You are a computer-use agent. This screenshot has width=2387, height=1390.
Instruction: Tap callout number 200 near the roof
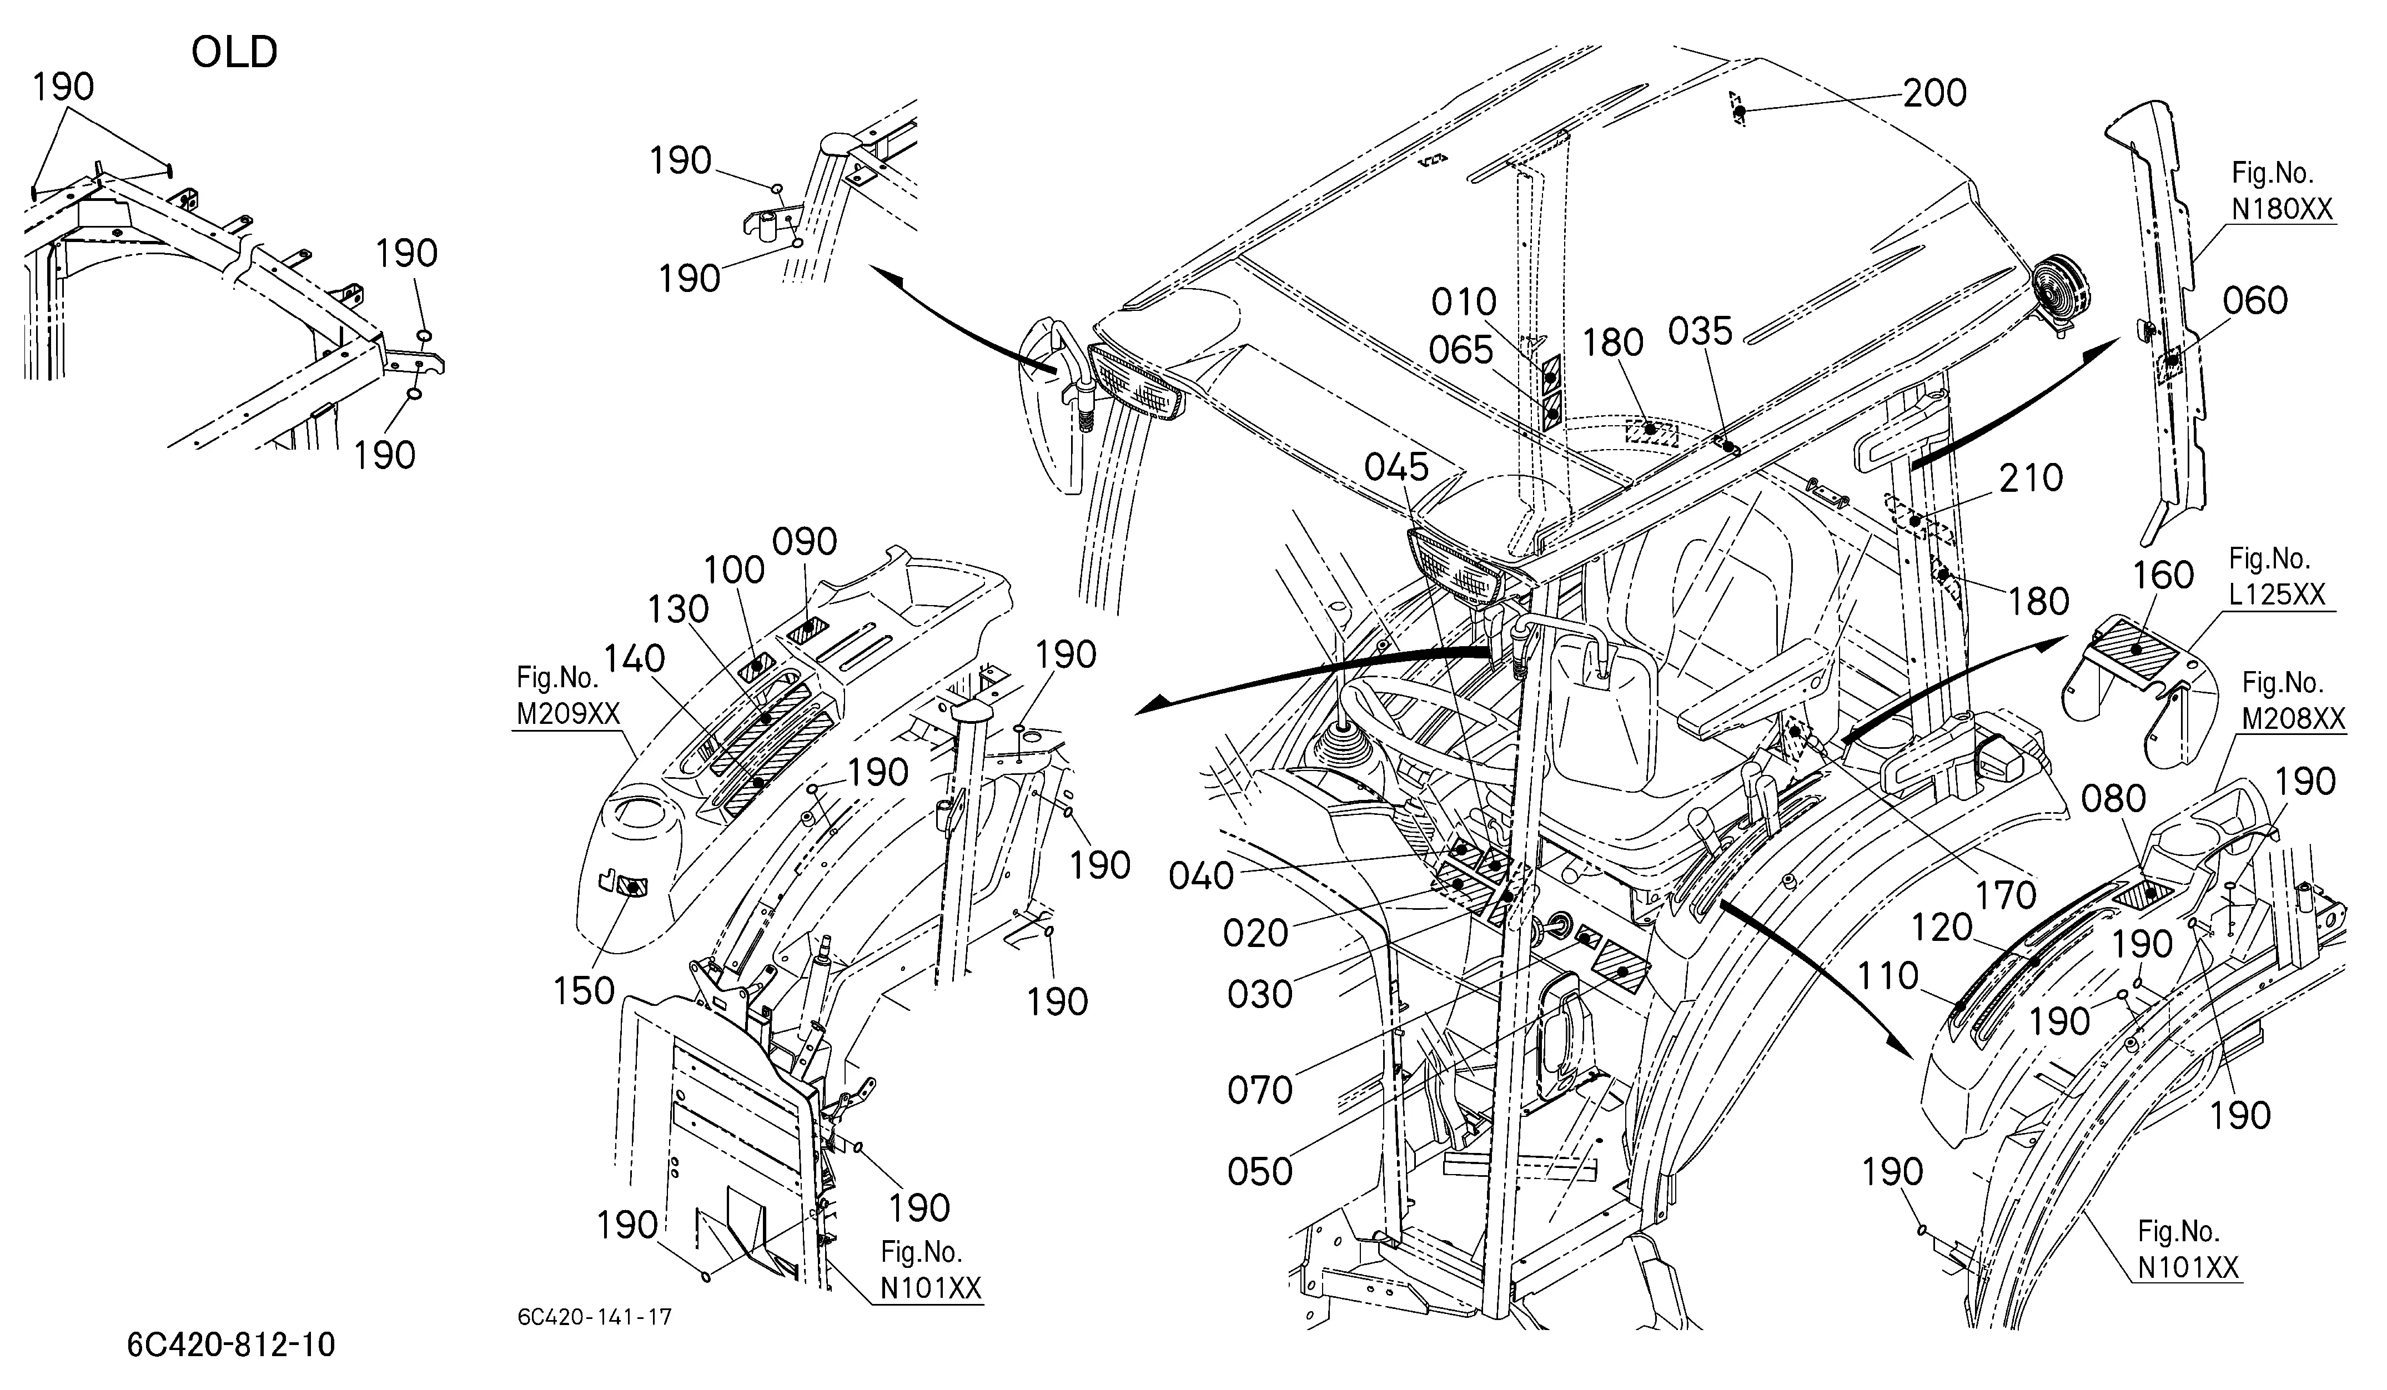[x=1934, y=93]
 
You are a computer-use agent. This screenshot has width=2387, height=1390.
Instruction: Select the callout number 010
[x=1464, y=303]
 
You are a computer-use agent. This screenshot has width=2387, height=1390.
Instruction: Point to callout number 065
[x=1461, y=351]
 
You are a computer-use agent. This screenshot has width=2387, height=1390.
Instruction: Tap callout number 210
[x=2031, y=478]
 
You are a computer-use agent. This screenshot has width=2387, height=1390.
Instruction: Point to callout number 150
[x=585, y=991]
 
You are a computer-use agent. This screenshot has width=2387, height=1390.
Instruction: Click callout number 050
[x=1260, y=1172]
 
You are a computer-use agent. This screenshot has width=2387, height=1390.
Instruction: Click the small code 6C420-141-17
[x=595, y=1317]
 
